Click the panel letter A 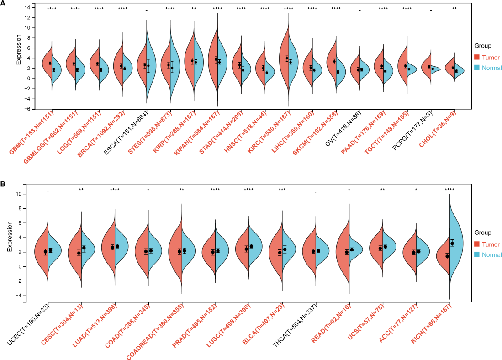(3, 4)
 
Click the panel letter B (3, 185)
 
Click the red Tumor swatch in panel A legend (477, 57)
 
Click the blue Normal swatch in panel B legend (477, 255)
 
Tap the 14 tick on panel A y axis (27, 7)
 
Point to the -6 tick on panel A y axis (27, 109)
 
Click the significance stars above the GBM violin (52, 9)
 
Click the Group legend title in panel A (482, 46)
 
